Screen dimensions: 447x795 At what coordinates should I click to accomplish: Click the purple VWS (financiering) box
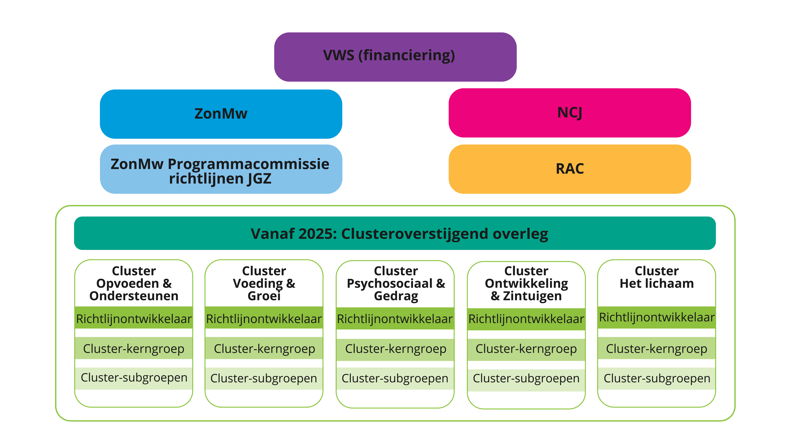click(x=395, y=57)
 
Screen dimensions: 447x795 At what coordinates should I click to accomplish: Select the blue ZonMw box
click(x=221, y=114)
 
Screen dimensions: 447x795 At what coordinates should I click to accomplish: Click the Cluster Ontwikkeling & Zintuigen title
click(x=526, y=283)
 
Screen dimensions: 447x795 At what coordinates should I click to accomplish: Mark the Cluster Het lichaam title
click(x=656, y=277)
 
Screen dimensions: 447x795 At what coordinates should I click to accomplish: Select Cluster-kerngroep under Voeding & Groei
click(x=264, y=349)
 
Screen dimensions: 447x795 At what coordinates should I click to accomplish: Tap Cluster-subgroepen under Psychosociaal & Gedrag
click(x=395, y=378)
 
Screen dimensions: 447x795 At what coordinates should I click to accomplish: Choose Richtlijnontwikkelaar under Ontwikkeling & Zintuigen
click(x=526, y=319)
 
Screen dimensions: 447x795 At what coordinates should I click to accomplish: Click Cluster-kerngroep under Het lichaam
click(x=656, y=349)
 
